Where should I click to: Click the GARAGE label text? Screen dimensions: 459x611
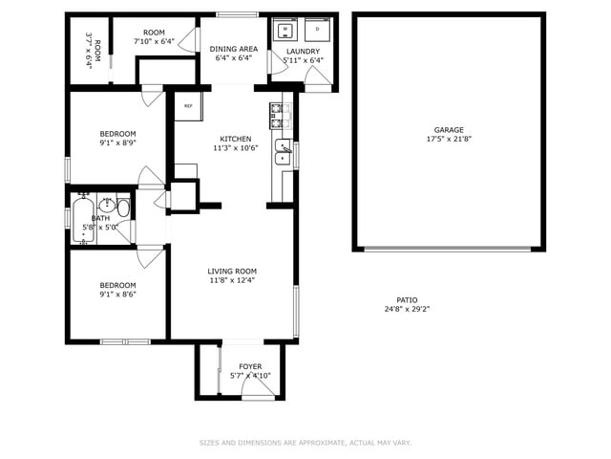coord(449,129)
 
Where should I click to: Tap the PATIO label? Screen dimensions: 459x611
coord(407,299)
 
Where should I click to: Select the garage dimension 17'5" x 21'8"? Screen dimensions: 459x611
coord(449,139)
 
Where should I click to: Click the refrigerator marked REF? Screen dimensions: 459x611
coord(188,105)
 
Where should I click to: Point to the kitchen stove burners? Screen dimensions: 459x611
coord(279,116)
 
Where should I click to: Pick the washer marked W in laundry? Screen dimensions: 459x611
coord(284,30)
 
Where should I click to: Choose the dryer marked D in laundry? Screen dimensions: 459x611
coord(317,30)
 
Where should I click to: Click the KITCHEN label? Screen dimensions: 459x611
coord(235,138)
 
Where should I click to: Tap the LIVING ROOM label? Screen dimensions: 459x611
coord(232,272)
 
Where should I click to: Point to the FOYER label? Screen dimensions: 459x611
coord(250,366)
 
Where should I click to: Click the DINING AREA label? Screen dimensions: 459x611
coord(234,49)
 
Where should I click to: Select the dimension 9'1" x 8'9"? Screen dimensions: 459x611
coord(118,142)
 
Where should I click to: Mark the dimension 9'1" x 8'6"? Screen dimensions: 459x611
coord(118,295)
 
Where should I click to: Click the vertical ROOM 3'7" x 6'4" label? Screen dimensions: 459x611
coord(93,50)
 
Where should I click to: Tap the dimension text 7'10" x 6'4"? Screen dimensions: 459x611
coord(154,41)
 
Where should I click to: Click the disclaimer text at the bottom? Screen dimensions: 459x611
coord(305,443)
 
